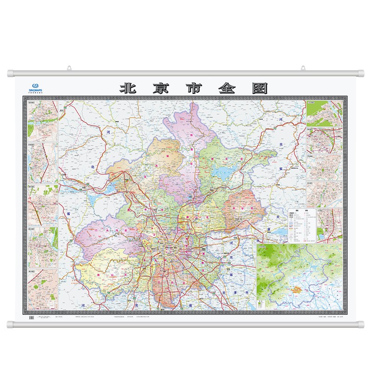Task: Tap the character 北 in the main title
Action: (x=128, y=88)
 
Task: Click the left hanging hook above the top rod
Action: (x=68, y=68)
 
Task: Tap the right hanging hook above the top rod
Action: (x=303, y=68)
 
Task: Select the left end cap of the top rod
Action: (x=11, y=73)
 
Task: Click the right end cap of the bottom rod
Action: (x=361, y=324)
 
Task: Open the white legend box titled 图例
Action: (x=302, y=225)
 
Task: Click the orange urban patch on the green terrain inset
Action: (x=294, y=289)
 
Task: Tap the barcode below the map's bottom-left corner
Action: (x=32, y=317)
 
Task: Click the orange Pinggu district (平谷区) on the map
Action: (x=243, y=208)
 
